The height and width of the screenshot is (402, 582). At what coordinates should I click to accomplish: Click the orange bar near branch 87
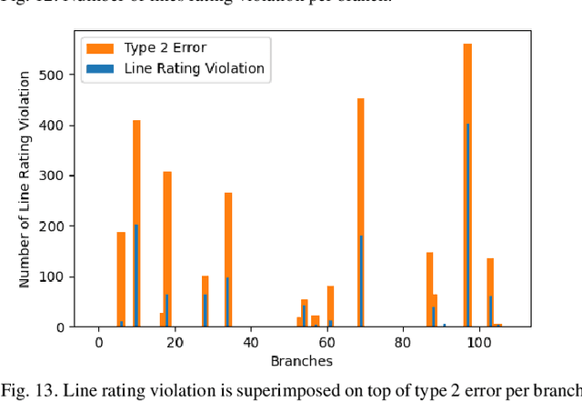point(429,273)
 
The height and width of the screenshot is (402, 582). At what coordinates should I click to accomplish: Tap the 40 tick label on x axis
point(250,342)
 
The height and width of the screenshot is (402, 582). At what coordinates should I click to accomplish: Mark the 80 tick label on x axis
point(402,342)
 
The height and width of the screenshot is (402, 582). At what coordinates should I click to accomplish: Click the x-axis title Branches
point(301,361)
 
